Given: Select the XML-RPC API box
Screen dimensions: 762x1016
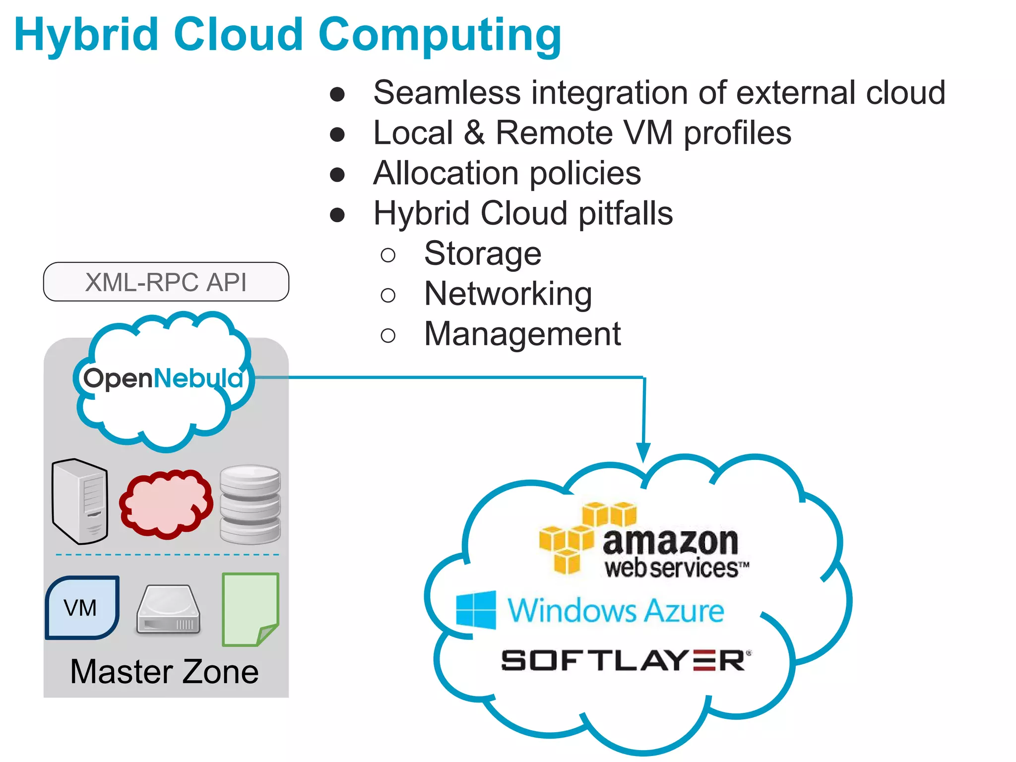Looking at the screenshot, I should click(166, 282).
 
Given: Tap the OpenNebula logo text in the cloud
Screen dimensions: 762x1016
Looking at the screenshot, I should click(163, 379).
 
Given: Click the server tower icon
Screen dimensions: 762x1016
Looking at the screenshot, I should click(79, 501).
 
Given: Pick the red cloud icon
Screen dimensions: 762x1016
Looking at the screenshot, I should click(166, 504).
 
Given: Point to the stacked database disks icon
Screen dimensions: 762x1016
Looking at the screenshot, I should click(250, 504).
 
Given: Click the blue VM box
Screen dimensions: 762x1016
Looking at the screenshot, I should click(82, 607).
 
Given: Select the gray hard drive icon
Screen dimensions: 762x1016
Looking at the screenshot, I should click(168, 610).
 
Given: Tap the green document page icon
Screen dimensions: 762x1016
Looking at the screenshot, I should click(250, 609).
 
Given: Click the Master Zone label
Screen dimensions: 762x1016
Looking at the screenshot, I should click(164, 672).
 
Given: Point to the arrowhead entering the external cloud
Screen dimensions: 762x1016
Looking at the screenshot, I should click(643, 451).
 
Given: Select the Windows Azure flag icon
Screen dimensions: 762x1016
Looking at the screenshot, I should click(476, 610).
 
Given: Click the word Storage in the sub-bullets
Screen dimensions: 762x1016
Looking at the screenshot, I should click(482, 254).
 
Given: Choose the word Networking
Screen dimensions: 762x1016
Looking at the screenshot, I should click(508, 294).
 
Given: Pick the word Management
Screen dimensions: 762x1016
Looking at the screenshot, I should click(522, 334).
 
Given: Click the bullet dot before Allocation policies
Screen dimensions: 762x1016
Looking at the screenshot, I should click(337, 174).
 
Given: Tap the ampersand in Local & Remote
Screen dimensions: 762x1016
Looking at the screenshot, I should click(474, 133).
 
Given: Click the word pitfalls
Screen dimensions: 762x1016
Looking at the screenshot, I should click(626, 213).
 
